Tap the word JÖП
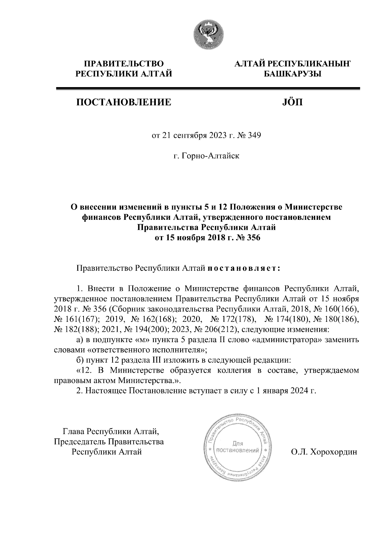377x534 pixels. tap(291, 102)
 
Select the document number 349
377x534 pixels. tap(254, 136)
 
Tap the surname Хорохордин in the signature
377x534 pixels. tap(334, 452)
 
